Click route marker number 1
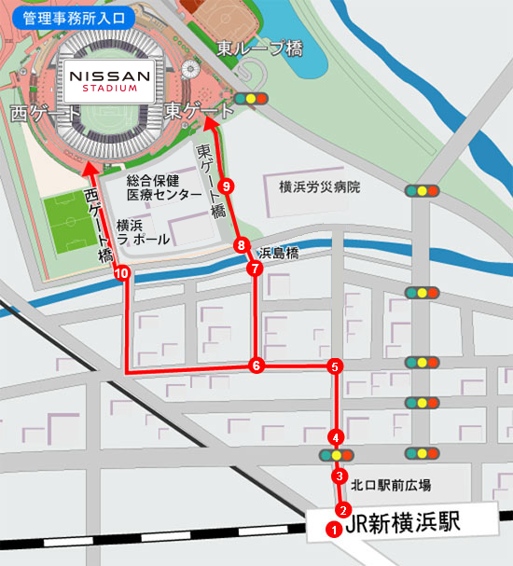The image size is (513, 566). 331,529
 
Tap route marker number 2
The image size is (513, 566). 343,510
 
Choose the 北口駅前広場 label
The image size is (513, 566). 391,485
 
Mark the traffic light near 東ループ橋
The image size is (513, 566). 252,98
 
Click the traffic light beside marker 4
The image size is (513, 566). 336,455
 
